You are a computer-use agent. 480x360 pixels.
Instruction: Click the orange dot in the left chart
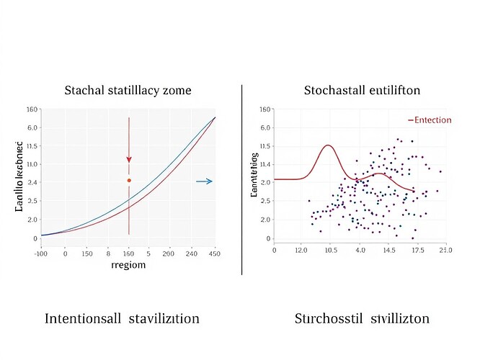pos(129,180)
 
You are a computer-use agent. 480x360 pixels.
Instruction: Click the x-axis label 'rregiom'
pos(129,265)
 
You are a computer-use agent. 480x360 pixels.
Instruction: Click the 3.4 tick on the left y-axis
pos(32,183)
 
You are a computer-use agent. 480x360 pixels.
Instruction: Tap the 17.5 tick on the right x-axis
pos(417,250)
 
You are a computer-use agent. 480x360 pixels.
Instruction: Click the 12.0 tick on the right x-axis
pos(303,250)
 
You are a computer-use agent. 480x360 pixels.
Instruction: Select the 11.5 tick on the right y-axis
pos(265,146)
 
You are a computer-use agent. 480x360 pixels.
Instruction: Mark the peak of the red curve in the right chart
pos(328,145)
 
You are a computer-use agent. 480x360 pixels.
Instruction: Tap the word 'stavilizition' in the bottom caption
pos(164,318)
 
